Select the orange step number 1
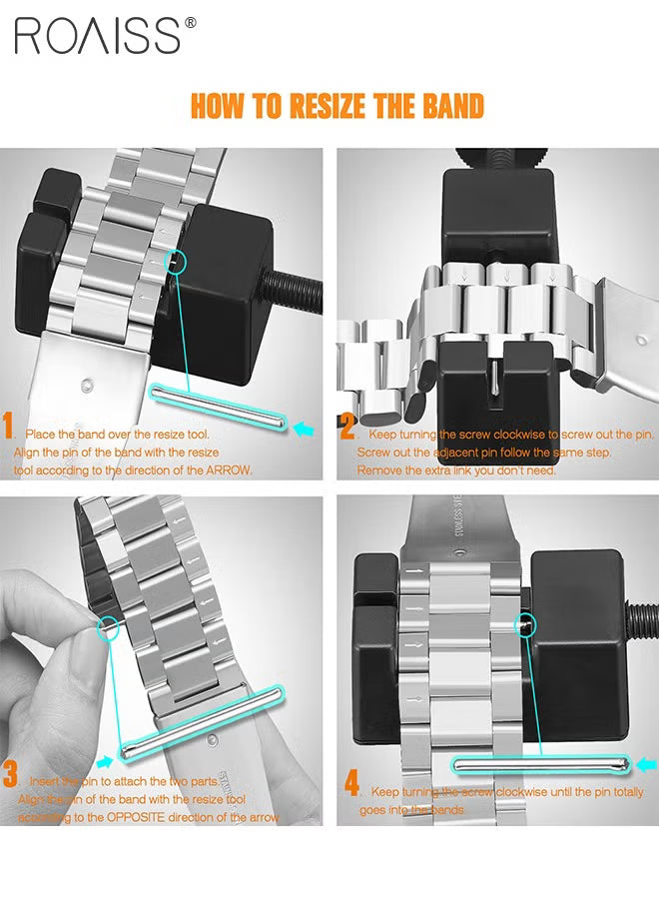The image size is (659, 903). tap(9, 429)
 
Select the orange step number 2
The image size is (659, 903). tap(347, 429)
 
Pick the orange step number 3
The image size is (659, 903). tap(10, 774)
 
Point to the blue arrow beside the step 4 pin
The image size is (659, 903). tap(646, 765)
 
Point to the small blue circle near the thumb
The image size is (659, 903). tap(107, 627)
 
